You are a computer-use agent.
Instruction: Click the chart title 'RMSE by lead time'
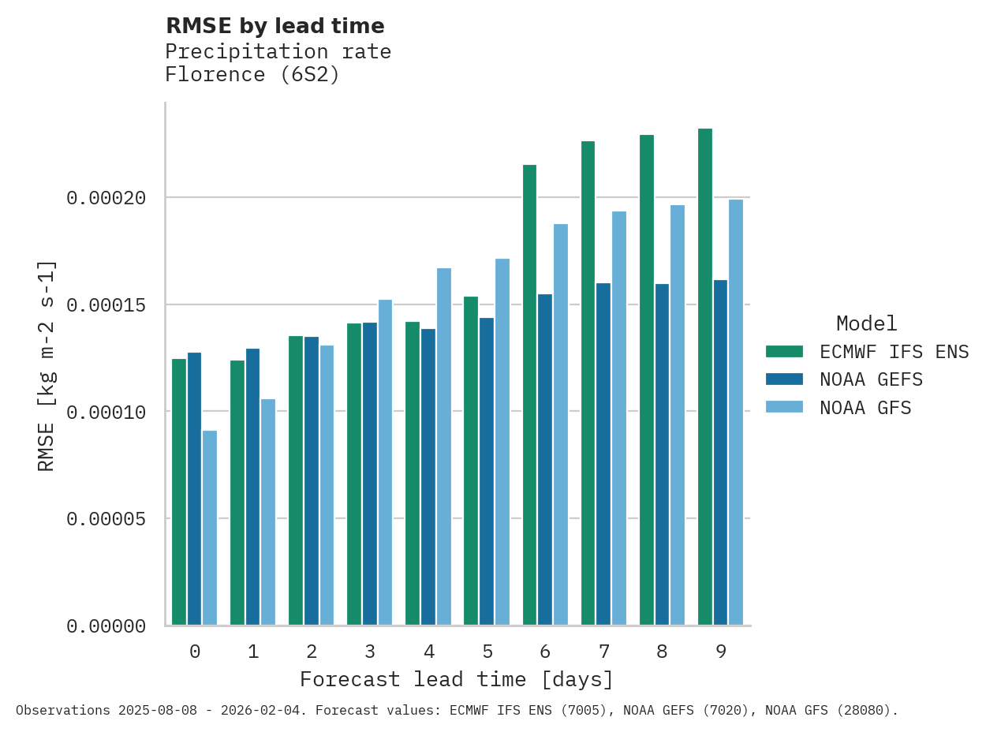point(275,26)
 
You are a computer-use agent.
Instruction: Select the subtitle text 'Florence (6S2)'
point(252,75)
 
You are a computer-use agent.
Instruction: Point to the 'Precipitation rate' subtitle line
point(278,51)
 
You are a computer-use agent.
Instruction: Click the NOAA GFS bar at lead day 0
point(210,528)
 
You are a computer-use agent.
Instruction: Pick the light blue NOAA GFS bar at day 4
point(444,446)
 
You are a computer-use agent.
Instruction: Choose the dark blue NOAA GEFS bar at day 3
point(370,473)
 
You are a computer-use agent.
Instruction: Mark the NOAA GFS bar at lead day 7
point(619,418)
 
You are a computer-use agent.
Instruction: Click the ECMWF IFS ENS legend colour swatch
point(784,351)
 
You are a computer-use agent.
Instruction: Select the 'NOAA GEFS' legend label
point(871,379)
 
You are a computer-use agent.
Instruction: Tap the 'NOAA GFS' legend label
point(865,408)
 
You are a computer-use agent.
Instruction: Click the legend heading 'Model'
point(866,323)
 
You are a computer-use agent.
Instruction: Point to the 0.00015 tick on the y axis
point(106,304)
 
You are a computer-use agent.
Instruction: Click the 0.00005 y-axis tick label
point(106,519)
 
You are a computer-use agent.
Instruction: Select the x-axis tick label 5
point(487,652)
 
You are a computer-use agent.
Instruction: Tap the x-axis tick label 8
point(662,652)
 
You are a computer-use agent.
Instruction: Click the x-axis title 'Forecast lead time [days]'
point(456,679)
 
